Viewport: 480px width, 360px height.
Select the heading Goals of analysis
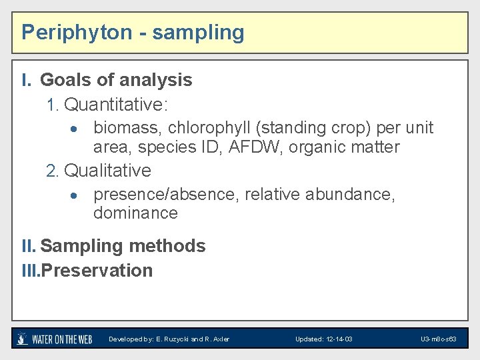pyautogui.click(x=116, y=80)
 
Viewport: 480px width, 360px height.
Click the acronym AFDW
pyautogui.click(x=253, y=147)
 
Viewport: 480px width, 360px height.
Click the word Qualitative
pyautogui.click(x=107, y=171)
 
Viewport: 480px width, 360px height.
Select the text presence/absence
pyautogui.click(x=166, y=194)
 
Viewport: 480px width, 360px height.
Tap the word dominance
pyautogui.click(x=135, y=213)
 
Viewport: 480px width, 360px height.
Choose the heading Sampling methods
pyautogui.click(x=123, y=246)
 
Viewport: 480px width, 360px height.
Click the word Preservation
pyautogui.click(x=97, y=271)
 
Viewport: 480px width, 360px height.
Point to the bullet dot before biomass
pyautogui.click(x=77, y=128)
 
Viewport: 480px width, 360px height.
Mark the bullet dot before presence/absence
pyautogui.click(x=77, y=195)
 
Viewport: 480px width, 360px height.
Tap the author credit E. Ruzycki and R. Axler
pyautogui.click(x=169, y=339)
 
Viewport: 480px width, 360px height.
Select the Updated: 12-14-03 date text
pyautogui.click(x=324, y=339)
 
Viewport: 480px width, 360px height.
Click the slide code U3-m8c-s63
pyautogui.click(x=438, y=339)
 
